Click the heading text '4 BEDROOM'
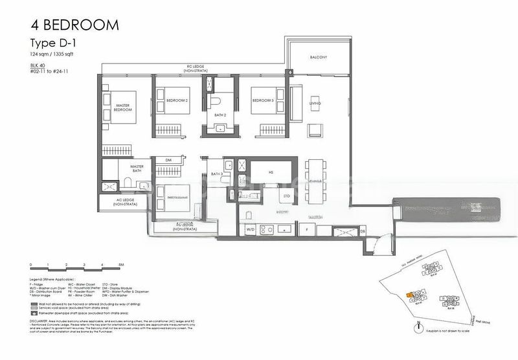[74, 25]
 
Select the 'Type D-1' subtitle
[52, 43]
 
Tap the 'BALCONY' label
[318, 58]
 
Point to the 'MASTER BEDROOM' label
[123, 107]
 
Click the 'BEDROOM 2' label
[177, 100]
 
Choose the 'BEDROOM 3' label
[263, 100]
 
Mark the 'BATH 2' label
[220, 115]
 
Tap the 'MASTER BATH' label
[136, 168]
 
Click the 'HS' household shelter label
[271, 172]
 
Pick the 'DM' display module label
[168, 160]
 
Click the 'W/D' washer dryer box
[249, 229]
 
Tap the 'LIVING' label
[315, 103]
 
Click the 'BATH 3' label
[216, 174]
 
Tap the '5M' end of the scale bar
[121, 265]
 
